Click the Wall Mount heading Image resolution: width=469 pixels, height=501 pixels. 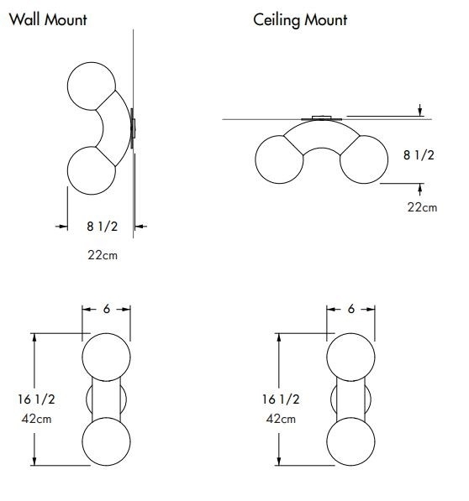coord(48,20)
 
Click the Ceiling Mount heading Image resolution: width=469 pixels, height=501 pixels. coord(300,20)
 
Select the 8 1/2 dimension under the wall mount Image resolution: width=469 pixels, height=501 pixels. coord(103,227)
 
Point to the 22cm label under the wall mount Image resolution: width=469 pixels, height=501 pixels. coord(103,255)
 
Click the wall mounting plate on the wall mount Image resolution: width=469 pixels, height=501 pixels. coord(133,128)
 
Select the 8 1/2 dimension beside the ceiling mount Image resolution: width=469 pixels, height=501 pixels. coord(419,155)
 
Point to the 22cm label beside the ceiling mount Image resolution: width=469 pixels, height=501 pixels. coord(422,207)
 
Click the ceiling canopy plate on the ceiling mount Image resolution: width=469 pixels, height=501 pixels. coord(322,118)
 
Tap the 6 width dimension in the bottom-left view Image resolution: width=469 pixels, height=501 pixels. coord(107,309)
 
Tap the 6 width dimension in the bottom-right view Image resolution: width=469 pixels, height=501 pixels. coord(351,309)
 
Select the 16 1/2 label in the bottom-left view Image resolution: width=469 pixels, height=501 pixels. coord(36,399)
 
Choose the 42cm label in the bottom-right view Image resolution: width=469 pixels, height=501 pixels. coord(281,419)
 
